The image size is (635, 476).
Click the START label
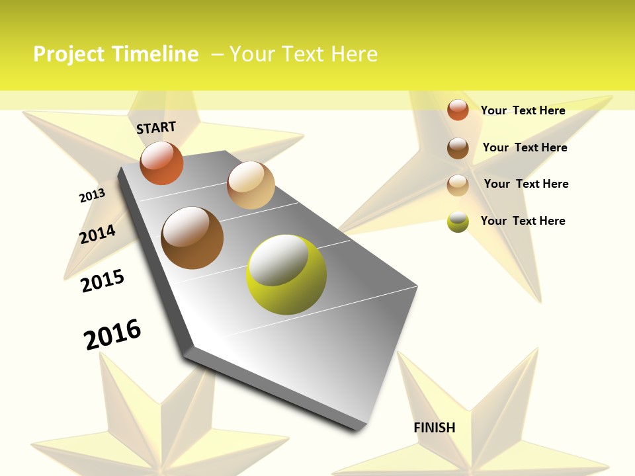[156, 127]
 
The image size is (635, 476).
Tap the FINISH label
[434, 428]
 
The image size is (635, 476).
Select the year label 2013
[92, 195]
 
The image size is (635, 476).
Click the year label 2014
[97, 234]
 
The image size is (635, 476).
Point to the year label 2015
[103, 280]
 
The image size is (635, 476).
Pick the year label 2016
[112, 334]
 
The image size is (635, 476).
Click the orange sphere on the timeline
[161, 163]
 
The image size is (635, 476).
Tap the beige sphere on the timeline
[251, 185]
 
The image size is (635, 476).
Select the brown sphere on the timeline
[192, 238]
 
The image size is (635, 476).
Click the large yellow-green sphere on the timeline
[286, 274]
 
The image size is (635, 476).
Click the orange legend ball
[458, 110]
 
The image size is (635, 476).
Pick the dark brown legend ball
[458, 148]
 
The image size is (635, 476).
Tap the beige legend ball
[458, 185]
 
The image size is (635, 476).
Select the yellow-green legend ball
[458, 221]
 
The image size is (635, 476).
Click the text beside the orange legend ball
[523, 110]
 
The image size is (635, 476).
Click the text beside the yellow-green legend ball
[523, 221]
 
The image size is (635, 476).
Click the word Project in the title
[69, 54]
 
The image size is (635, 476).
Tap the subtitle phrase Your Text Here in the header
[303, 54]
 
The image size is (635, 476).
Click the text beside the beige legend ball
[526, 184]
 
